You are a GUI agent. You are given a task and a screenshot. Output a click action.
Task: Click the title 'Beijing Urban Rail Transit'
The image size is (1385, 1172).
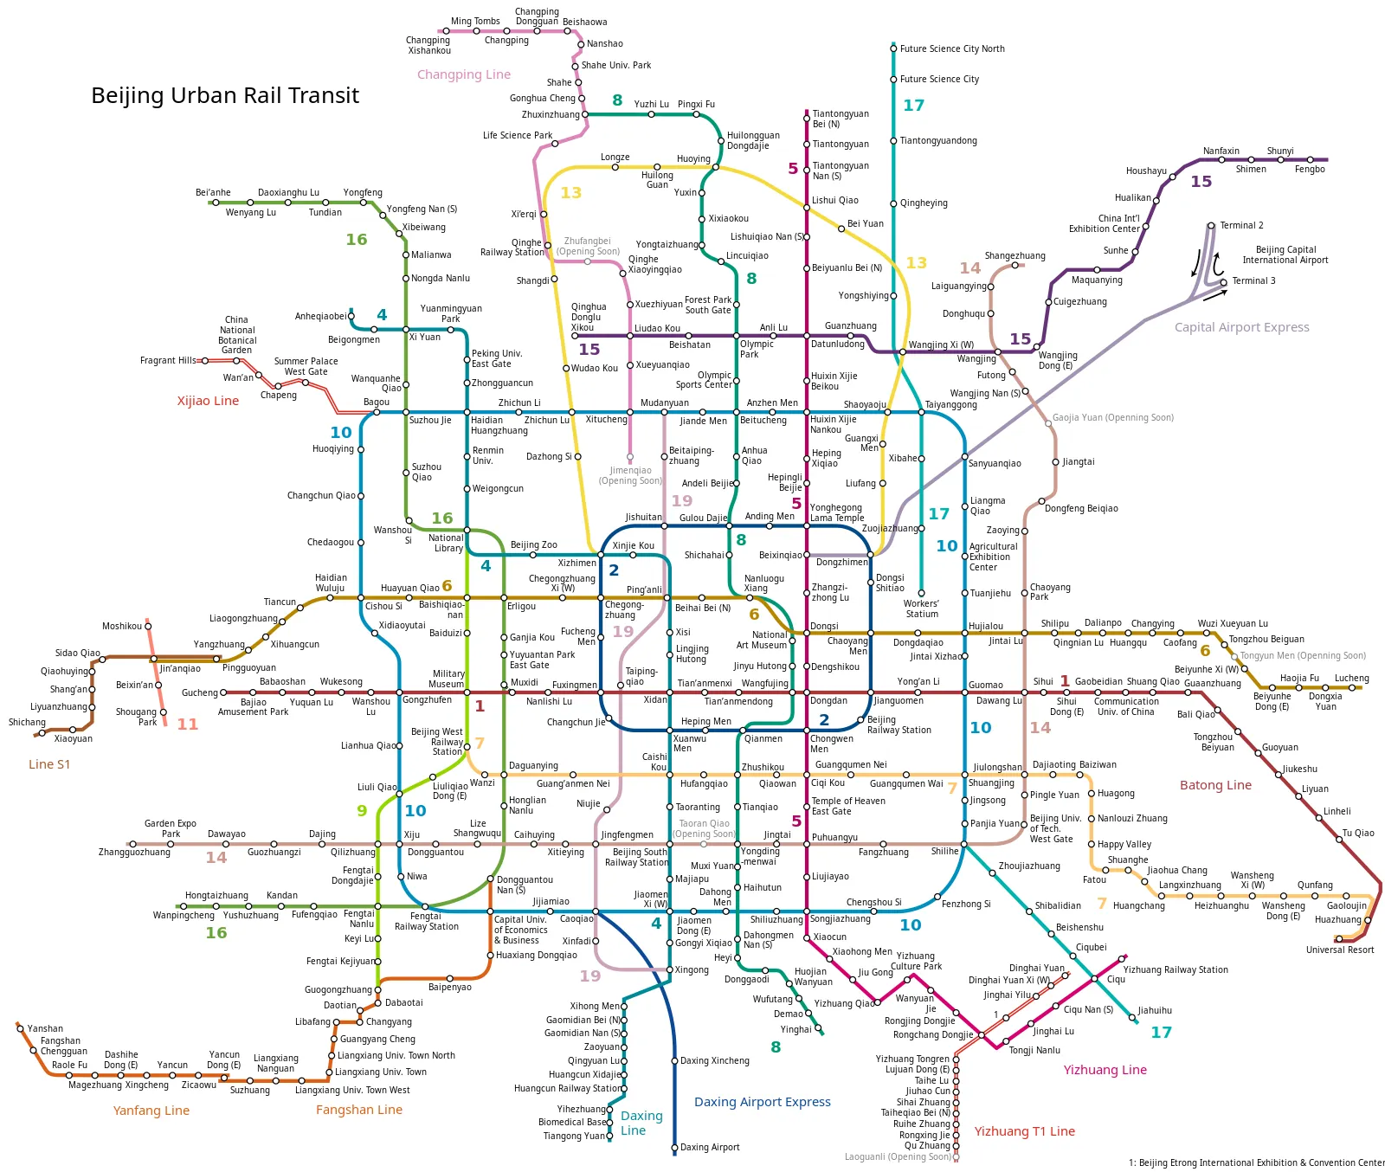[x=224, y=95]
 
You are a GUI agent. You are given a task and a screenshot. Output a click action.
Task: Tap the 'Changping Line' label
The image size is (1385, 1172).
[x=463, y=74]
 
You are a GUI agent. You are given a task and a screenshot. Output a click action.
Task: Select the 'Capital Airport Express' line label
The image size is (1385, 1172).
[x=1241, y=327]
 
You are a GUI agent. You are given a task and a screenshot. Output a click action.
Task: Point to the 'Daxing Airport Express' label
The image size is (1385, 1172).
[x=762, y=1102]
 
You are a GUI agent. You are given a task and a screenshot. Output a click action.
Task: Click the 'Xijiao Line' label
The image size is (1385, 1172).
[x=208, y=401]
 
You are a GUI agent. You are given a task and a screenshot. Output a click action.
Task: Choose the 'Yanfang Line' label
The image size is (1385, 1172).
[x=151, y=1111]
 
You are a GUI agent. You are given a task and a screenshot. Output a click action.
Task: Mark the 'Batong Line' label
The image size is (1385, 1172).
[x=1215, y=785]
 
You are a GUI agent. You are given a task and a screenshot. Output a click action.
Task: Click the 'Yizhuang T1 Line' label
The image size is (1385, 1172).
[x=1024, y=1131]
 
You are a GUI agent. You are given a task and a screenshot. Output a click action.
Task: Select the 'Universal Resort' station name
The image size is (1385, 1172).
[x=1339, y=950]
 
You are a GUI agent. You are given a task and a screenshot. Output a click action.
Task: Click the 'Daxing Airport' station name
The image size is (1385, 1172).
[x=710, y=1147]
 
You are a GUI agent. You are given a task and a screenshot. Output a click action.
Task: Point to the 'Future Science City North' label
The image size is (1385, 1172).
[x=952, y=48]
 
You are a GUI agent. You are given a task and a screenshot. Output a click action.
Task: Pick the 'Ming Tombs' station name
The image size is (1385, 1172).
[x=475, y=21]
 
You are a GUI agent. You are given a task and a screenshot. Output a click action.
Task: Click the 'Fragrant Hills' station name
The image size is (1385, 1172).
[x=168, y=360]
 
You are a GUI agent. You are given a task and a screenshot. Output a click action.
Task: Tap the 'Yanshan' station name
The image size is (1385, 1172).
[x=45, y=1028]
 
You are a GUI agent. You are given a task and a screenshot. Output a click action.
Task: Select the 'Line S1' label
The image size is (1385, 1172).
[x=49, y=764]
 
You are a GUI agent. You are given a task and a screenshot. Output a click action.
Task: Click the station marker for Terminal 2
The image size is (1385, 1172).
[x=1211, y=225]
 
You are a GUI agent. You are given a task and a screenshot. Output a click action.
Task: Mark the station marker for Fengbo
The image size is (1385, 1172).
[x=1310, y=160]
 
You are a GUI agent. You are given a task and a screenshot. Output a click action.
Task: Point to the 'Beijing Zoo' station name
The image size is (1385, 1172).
[x=533, y=544]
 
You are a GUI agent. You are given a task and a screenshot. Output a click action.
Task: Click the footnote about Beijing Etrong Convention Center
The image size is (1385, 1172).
[x=1256, y=1162]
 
